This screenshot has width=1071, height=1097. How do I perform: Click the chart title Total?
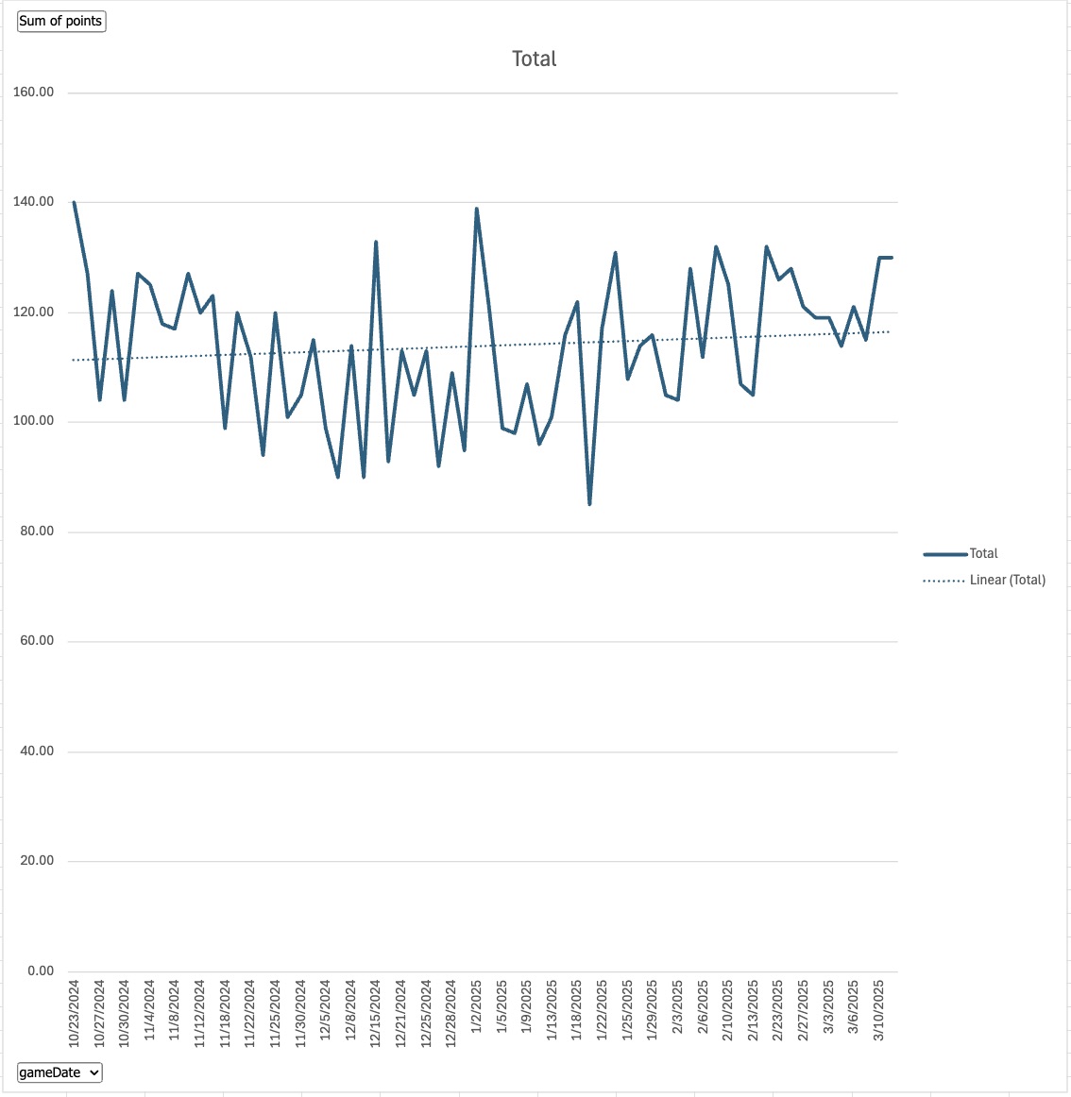click(x=534, y=59)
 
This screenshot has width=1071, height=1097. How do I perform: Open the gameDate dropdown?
click(x=59, y=1072)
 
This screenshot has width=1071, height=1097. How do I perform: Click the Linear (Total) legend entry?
click(x=1007, y=580)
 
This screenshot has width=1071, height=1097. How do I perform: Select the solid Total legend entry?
click(x=983, y=553)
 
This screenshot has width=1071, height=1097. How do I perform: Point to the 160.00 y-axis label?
click(x=34, y=93)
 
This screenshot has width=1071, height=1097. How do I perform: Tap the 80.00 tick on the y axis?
click(x=34, y=532)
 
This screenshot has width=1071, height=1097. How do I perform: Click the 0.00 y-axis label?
click(x=41, y=970)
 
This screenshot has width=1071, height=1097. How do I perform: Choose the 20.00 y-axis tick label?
click(x=34, y=861)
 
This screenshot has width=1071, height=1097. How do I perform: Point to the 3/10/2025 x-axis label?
click(x=879, y=1010)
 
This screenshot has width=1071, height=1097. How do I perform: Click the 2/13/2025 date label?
click(x=754, y=1010)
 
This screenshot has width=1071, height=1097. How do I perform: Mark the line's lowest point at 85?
click(x=589, y=504)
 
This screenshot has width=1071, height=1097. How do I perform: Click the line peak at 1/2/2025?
click(x=477, y=209)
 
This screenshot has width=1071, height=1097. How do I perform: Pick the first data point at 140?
click(x=74, y=202)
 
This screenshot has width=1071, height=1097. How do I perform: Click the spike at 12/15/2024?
click(x=376, y=242)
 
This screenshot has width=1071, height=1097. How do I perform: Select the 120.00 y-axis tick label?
click(x=34, y=312)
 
